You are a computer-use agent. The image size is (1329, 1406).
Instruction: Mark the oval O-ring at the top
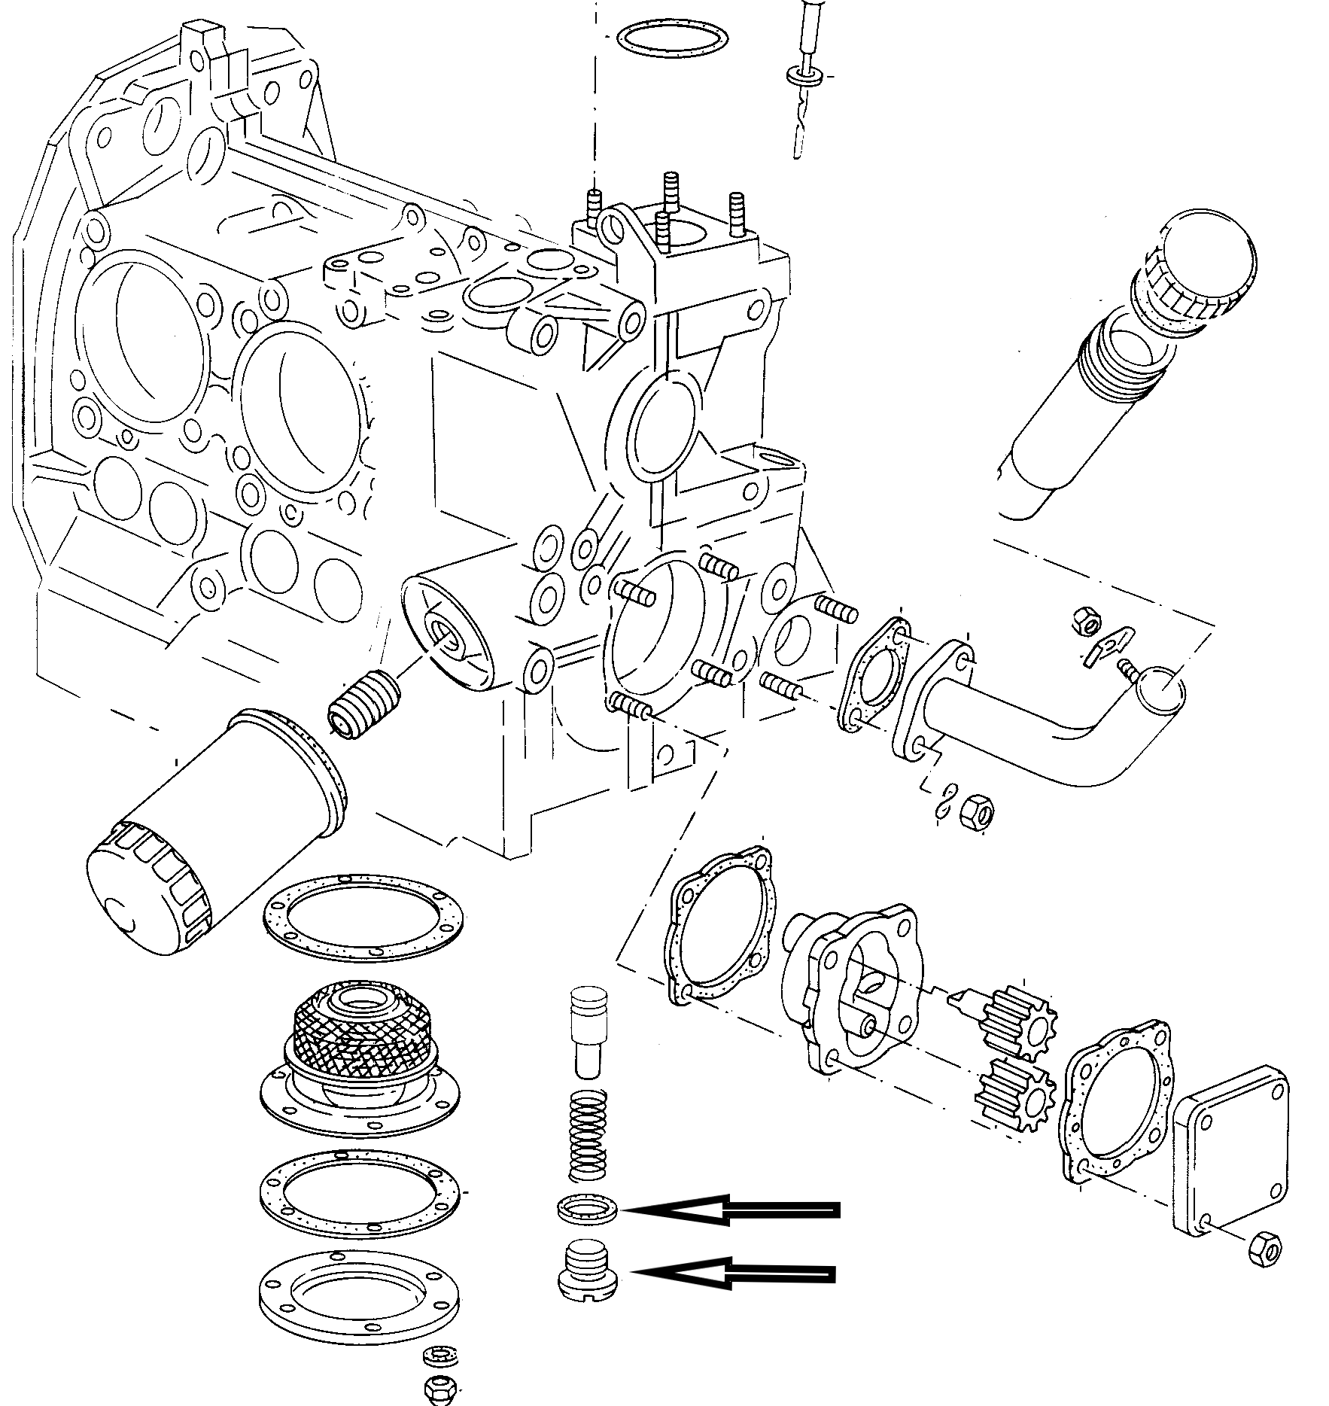click(x=671, y=38)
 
